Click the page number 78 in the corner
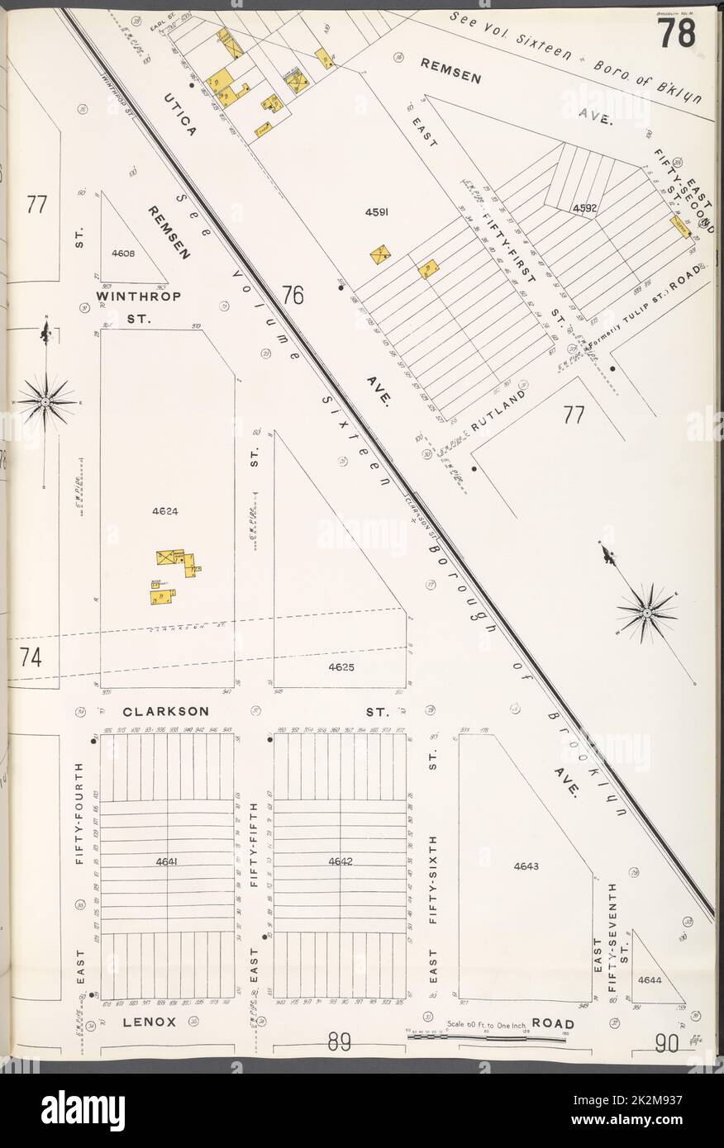(675, 33)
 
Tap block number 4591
(377, 212)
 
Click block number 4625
(341, 667)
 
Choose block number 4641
(167, 862)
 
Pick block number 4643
(526, 866)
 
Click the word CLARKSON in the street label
(165, 711)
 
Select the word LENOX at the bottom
(150, 1022)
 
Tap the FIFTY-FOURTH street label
(80, 814)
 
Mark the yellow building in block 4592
(679, 226)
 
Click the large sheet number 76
(292, 295)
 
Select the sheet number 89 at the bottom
(339, 1043)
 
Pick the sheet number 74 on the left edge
(31, 657)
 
